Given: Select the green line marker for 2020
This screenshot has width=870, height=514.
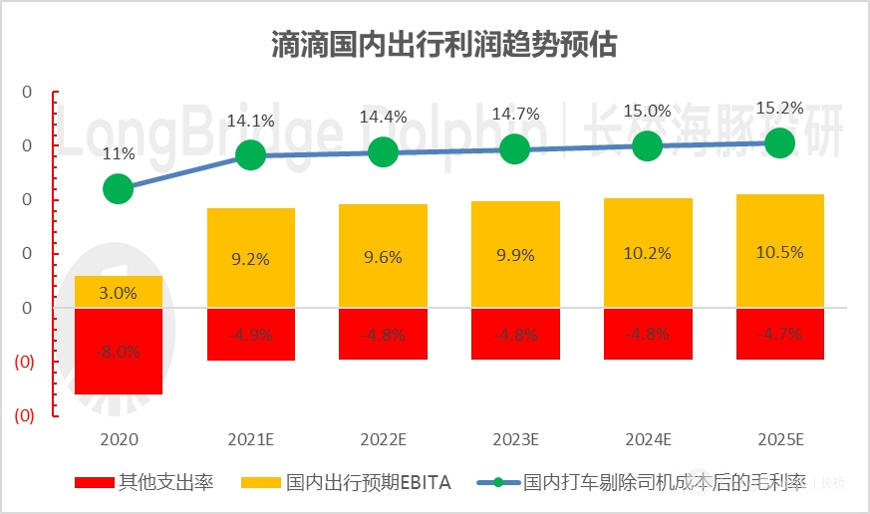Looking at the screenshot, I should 119,188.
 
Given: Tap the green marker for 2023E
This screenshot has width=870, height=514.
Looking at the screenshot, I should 514,149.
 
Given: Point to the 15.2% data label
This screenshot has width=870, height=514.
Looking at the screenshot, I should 778,108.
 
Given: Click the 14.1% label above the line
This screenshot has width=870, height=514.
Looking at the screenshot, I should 250,122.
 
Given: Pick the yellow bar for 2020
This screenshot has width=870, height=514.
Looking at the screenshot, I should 119,292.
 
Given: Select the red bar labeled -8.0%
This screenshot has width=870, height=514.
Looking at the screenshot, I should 119,351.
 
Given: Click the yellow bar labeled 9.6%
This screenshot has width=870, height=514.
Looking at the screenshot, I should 383,256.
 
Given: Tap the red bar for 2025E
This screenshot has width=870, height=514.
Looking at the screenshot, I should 778,334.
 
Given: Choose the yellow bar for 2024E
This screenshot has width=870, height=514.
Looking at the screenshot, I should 647,253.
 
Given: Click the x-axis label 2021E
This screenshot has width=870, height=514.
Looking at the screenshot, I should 250,438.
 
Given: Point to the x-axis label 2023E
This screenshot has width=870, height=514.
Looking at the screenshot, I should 514,438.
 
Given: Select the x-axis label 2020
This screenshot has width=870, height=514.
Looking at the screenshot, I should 119,438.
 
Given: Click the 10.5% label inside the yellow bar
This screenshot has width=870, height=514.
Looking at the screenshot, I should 778,252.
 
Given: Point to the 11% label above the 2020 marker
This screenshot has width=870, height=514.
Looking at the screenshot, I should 119,153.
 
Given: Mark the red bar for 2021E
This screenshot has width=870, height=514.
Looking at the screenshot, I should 250,334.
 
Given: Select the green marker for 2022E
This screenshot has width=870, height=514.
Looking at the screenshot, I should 383,151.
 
